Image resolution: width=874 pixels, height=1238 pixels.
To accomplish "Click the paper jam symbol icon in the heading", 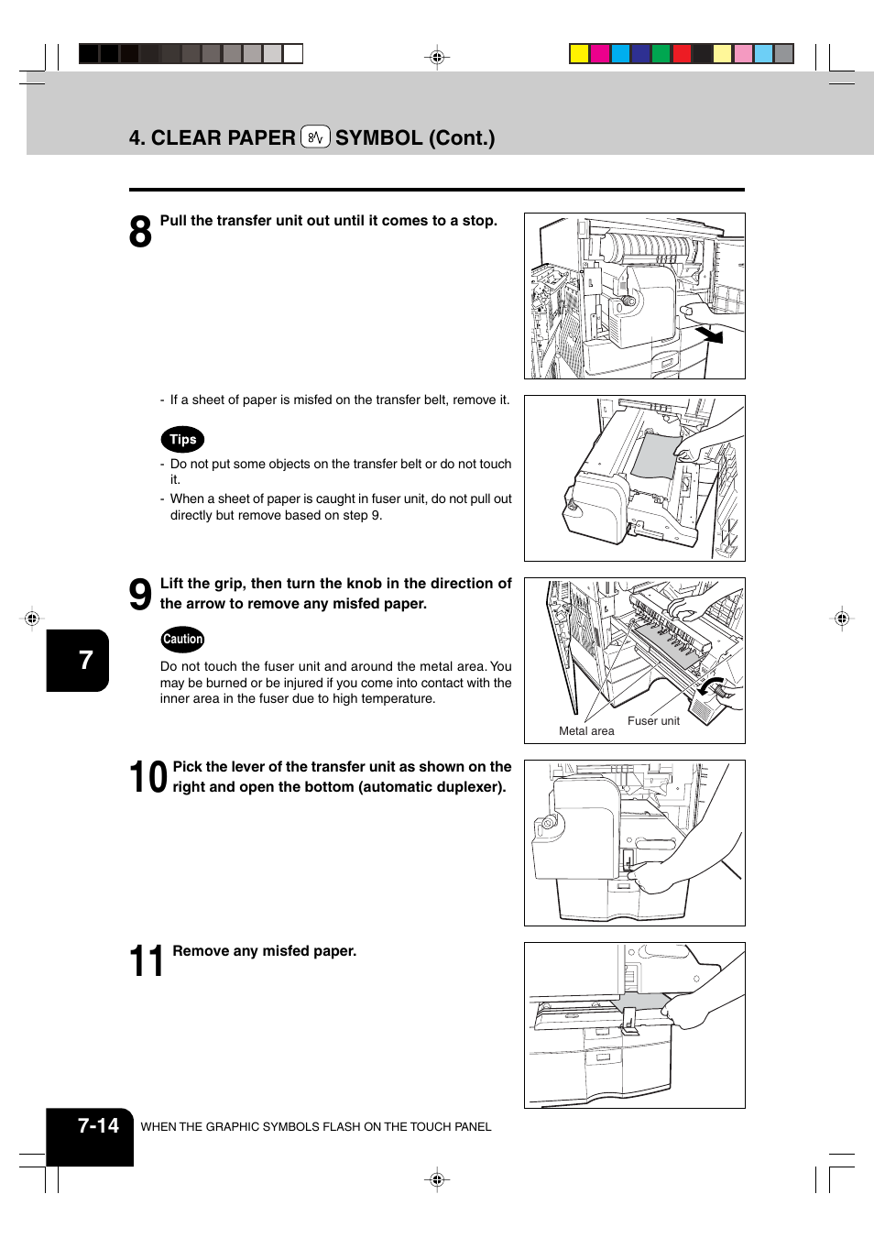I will coord(315,137).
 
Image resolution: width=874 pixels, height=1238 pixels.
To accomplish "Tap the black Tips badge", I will coord(182,440).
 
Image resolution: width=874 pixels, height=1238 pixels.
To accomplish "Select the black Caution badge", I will coord(182,640).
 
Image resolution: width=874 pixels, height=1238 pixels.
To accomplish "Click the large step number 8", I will coord(140,232).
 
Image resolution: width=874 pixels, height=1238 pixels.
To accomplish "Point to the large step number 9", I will coord(140,595).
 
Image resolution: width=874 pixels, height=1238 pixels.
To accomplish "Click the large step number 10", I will coord(147,777).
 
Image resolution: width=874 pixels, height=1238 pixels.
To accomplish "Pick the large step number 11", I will coord(147,961).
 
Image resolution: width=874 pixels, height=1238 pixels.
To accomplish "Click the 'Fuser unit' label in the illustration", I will coord(653,721).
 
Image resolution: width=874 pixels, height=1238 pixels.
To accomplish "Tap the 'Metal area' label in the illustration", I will coord(586,731).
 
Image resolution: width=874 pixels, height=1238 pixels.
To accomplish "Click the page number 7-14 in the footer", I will coord(98,1126).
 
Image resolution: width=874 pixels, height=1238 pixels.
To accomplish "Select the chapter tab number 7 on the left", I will coord(85,660).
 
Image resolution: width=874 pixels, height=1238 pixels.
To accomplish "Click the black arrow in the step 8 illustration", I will coord(710,334).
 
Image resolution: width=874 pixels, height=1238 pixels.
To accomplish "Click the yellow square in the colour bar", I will coord(579,53).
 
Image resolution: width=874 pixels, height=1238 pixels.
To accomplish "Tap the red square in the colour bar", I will coord(682,53).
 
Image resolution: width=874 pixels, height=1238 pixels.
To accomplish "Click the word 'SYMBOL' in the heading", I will coord(378,138).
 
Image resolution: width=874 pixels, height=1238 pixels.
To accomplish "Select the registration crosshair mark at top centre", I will coord(437,57).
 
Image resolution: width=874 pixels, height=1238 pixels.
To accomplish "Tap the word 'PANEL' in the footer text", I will coord(474,1127).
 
